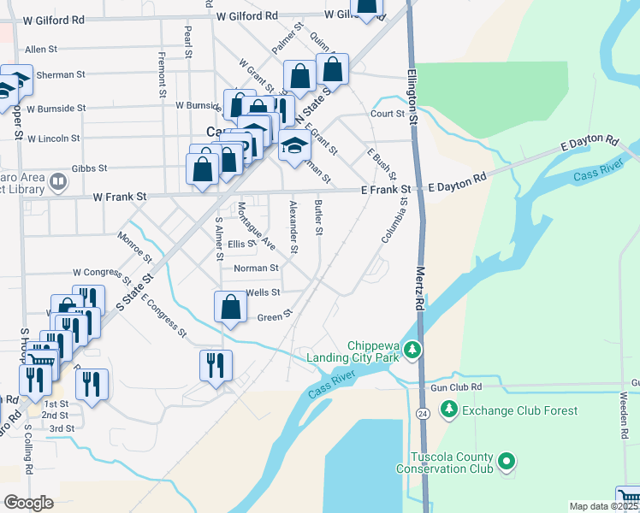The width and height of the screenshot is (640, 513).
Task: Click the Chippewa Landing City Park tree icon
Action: click(412, 350)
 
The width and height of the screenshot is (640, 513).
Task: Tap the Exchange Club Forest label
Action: click(520, 410)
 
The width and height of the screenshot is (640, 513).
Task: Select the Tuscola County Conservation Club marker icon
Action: click(507, 463)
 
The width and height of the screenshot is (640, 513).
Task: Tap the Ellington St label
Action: click(412, 98)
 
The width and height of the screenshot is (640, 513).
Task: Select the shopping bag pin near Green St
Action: click(230, 308)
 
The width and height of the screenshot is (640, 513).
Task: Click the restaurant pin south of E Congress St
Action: click(215, 366)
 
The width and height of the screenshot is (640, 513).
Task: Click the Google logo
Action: click(28, 503)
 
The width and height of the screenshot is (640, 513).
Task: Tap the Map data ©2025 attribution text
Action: click(603, 506)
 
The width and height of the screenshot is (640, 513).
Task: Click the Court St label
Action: click(387, 113)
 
